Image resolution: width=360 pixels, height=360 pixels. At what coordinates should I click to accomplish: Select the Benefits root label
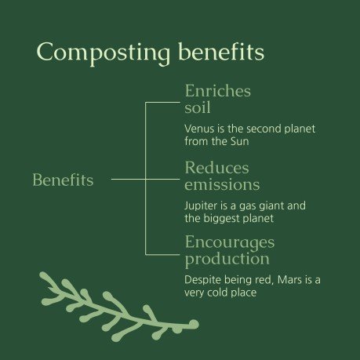coord(63,180)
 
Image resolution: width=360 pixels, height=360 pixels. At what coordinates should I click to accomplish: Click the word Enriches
coord(217,91)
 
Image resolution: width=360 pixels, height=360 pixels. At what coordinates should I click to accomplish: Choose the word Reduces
coord(216,168)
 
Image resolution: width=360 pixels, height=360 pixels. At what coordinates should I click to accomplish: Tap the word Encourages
coord(230,242)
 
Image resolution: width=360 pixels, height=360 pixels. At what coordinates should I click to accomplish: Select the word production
coord(227,258)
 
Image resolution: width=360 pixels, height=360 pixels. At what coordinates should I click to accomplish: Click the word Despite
coord(202,280)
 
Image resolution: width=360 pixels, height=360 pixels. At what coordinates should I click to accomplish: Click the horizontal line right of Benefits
coord(128,180)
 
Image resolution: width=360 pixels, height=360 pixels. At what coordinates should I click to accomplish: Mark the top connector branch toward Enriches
coord(162,103)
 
